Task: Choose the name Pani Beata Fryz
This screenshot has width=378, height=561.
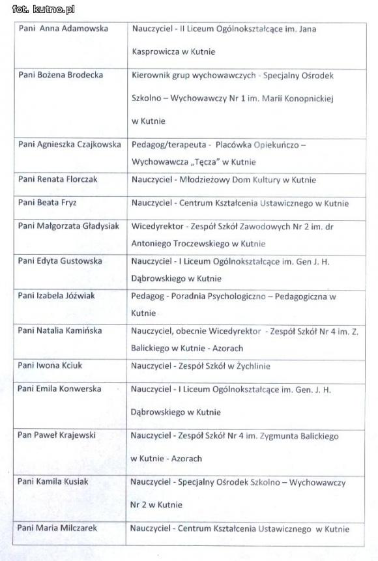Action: coord(48,203)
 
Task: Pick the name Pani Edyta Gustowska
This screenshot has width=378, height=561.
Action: coord(61,261)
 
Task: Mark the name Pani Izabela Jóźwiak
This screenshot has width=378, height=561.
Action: coord(57,295)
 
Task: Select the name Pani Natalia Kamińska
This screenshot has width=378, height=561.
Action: coord(60,330)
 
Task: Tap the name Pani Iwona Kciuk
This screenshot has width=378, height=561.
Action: coord(50,366)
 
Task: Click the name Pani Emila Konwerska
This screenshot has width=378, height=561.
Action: coord(60,389)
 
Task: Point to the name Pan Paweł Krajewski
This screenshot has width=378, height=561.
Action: coord(57,435)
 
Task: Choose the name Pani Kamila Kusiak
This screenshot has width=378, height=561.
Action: coord(53,481)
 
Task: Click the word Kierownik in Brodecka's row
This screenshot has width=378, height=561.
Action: coord(151,76)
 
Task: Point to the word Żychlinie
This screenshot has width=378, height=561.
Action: coord(248,366)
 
